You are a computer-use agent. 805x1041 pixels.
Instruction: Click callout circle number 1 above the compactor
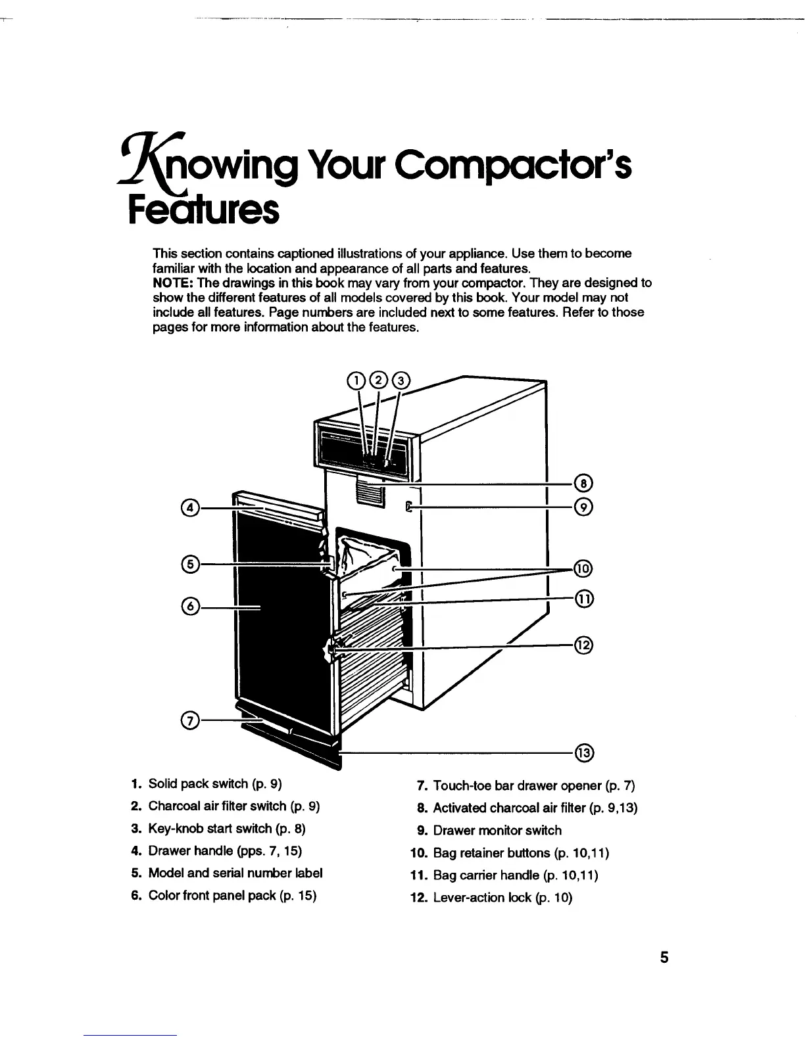coord(355,381)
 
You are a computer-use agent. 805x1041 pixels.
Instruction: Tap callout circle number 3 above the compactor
coord(400,381)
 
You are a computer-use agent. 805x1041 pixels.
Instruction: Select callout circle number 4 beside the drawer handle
coord(189,508)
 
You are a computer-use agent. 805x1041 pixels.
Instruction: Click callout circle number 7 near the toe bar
coord(189,721)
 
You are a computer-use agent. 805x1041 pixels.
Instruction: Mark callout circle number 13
coord(583,752)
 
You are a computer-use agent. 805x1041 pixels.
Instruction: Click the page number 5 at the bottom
coord(664,957)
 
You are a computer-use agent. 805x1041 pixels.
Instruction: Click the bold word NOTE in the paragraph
coord(172,283)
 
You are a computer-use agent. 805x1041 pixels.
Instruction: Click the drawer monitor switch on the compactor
coord(409,507)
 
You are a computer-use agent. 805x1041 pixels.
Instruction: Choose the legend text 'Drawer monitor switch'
coord(497,831)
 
